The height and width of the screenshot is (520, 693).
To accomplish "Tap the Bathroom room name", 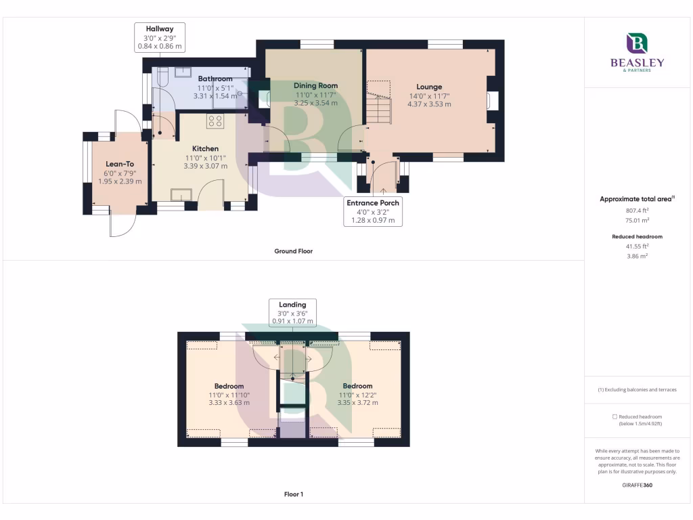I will tap(215, 79).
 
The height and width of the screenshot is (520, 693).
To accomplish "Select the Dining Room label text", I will tap(315, 86).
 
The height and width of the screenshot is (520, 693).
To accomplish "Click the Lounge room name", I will tap(429, 87).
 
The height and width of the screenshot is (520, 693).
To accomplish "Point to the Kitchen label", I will tap(205, 149).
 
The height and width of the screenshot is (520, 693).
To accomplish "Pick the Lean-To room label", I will tap(120, 164).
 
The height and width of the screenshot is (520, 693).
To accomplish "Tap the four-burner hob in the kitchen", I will tap(215, 121).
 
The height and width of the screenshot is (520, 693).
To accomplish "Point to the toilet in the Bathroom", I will tap(161, 79).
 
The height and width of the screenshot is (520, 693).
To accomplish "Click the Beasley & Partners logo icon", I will tap(638, 44).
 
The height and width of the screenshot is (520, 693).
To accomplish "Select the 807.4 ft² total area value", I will tap(637, 211).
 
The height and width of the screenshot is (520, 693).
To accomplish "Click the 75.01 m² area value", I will tap(637, 220).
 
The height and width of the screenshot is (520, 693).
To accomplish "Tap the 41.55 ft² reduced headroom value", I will tap(637, 247).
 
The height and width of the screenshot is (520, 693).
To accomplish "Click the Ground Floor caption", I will tap(293, 251).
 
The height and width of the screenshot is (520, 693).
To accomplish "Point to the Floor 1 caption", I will tap(293, 494).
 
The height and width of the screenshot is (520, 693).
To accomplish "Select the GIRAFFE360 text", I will tap(637, 485).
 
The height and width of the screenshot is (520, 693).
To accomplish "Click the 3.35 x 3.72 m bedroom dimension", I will tap(357, 403).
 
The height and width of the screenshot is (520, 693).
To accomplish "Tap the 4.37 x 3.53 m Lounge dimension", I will tap(429, 104).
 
